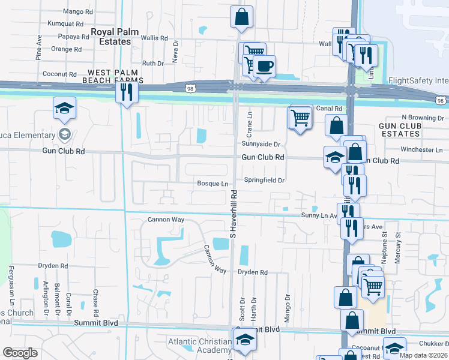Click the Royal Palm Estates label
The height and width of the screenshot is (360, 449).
coord(110,37)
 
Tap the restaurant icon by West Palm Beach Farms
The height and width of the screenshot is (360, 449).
coord(126,91)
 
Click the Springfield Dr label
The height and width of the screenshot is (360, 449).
coord(264,180)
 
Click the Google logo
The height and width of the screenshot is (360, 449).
coord(20,353)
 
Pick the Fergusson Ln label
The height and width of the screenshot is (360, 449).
coord(11,283)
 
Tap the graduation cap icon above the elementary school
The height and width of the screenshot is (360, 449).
coord(64,108)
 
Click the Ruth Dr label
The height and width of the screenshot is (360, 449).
coord(153,63)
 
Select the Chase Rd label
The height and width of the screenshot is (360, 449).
coord(95,304)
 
